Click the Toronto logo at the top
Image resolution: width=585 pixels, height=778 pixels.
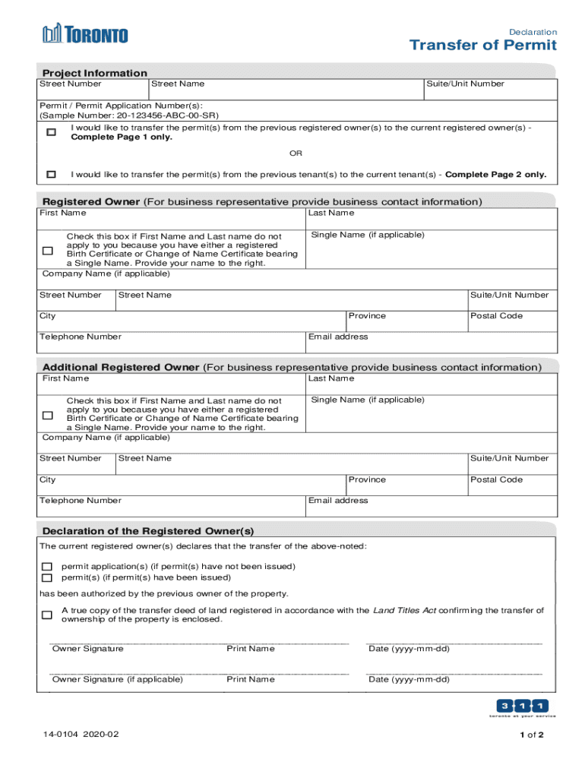click(x=85, y=34)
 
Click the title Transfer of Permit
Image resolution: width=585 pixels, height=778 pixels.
click(x=482, y=46)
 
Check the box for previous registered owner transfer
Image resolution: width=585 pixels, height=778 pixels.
click(x=51, y=132)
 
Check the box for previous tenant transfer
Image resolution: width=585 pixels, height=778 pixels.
click(x=51, y=174)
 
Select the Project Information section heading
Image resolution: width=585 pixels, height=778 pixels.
click(x=95, y=73)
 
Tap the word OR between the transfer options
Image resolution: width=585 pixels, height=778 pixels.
click(x=296, y=153)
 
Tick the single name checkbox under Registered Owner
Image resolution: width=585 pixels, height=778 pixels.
click(x=48, y=250)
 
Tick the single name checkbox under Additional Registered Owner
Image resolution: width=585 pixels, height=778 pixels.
click(x=48, y=415)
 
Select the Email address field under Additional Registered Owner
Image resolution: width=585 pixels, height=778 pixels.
click(x=431, y=507)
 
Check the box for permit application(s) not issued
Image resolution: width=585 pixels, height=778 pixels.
click(x=47, y=567)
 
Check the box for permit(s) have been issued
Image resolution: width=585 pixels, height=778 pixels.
click(x=47, y=577)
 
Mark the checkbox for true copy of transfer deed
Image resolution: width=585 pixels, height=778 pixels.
click(x=47, y=615)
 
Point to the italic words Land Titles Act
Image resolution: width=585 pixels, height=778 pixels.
click(x=403, y=610)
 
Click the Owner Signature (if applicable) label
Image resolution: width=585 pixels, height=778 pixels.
click(x=117, y=679)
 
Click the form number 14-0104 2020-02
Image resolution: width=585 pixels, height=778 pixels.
click(x=81, y=735)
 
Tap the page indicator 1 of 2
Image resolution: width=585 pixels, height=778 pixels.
click(x=532, y=735)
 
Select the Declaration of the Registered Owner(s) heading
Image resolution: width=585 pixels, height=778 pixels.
click(x=148, y=530)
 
